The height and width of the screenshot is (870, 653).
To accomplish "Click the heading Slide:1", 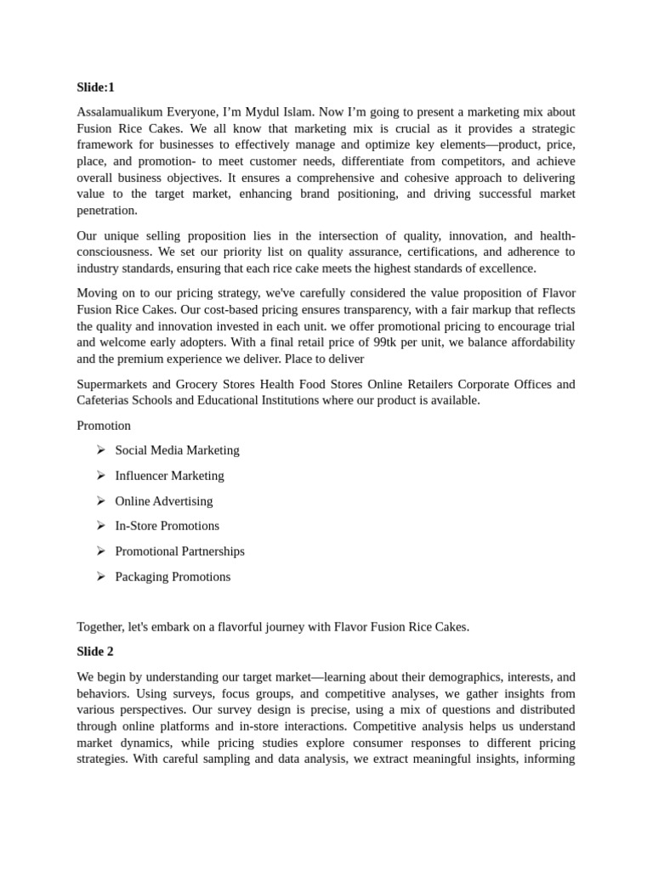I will (x=95, y=87).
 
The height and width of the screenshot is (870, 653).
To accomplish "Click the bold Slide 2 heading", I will (x=95, y=652).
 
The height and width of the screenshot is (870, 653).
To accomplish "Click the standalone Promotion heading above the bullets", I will (x=104, y=425).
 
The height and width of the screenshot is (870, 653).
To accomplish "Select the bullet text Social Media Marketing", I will (x=177, y=450).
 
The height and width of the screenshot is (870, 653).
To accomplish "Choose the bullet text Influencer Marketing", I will (x=169, y=476).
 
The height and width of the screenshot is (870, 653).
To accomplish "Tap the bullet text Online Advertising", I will (x=164, y=501).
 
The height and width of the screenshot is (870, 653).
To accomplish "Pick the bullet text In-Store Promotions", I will (x=167, y=526).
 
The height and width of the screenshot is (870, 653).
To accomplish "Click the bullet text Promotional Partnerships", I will (x=179, y=551).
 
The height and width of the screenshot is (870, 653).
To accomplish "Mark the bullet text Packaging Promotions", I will (x=173, y=577).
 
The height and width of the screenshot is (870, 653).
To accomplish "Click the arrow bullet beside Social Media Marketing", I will (x=100, y=450).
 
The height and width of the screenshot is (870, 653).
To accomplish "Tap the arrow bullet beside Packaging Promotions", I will (x=100, y=577).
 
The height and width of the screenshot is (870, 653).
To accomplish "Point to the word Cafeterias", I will (x=105, y=400).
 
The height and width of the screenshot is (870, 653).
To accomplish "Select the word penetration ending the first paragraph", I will (x=106, y=211).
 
